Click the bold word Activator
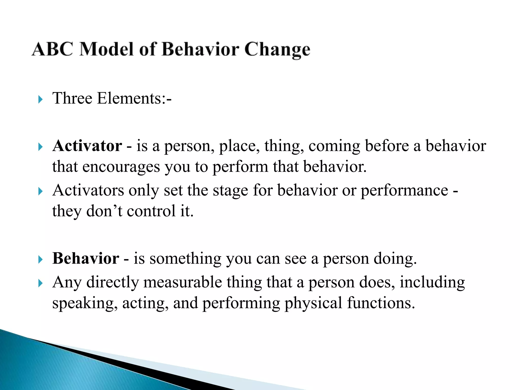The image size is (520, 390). (x=87, y=146)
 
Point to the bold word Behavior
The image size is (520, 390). (x=86, y=258)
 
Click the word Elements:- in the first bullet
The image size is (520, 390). (x=134, y=98)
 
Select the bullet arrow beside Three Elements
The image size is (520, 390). (x=40, y=99)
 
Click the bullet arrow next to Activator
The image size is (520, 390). (x=40, y=147)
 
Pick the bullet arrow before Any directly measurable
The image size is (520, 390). (x=40, y=283)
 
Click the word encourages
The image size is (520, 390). (x=121, y=167)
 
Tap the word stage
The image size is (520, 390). (x=230, y=190)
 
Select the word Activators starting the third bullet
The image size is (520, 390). (x=88, y=190)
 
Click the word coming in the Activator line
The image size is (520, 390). (x=334, y=147)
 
